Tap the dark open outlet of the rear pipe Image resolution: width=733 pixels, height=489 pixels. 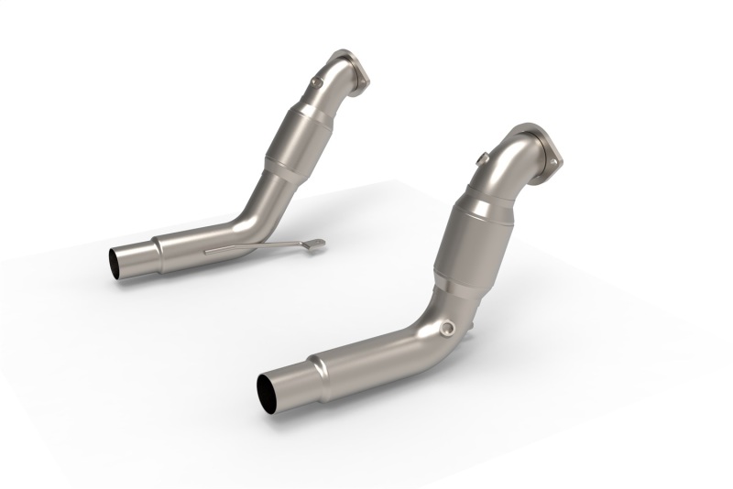pos(121,262)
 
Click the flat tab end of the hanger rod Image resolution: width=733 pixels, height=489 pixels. pos(316,244)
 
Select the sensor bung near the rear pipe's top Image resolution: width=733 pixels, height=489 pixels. pos(315,82)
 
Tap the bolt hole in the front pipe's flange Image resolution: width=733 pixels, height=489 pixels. pos(554,166)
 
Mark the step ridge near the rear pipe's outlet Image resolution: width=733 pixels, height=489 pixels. pos(158,244)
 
